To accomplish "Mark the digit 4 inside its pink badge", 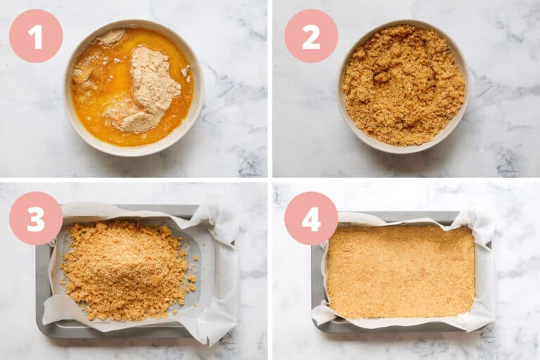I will (311, 219).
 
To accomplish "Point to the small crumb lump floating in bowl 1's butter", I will (82, 72).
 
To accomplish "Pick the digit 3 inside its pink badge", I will (35, 219).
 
